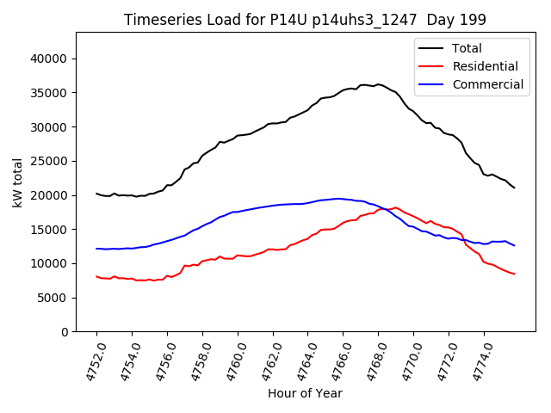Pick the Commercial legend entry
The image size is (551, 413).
click(487, 84)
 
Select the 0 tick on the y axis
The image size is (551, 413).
click(64, 332)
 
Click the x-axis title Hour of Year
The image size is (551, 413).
click(305, 393)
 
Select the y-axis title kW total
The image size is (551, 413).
click(17, 182)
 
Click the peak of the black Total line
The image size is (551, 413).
click(377, 84)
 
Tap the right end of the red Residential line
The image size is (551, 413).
click(514, 274)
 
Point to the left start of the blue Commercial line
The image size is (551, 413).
click(96, 249)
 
